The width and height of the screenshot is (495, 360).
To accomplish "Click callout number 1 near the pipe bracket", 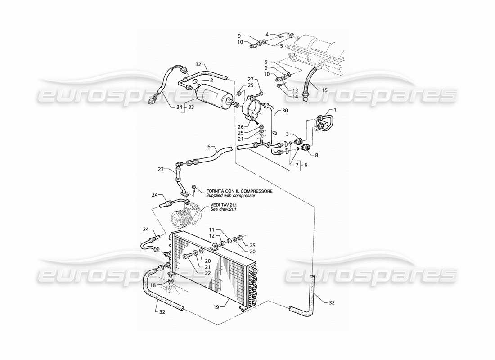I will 335,110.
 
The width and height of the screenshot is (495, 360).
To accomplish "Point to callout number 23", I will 161,170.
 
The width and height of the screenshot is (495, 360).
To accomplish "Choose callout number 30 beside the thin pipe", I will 285,111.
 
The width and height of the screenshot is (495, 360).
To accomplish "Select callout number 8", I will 316,155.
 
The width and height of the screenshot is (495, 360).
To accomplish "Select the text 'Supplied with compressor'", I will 231,196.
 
